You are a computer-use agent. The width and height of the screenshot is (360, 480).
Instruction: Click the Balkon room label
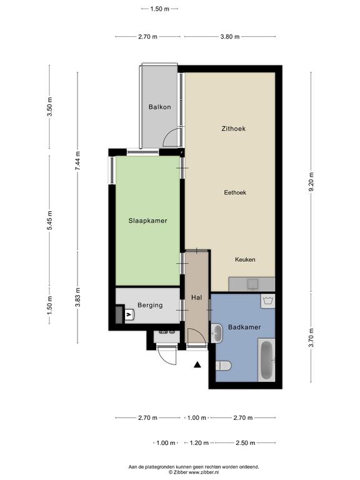coord(159,107)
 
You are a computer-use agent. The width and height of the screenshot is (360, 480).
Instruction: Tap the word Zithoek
coord(233,129)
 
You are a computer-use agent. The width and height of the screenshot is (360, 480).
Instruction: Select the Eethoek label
coord(235,192)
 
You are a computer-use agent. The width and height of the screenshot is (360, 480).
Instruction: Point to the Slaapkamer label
coord(147,221)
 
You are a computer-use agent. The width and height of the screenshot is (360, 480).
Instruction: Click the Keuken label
coord(245,259)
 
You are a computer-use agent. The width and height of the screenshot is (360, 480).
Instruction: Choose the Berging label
coord(150,305)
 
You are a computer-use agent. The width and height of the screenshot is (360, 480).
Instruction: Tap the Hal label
coord(196,297)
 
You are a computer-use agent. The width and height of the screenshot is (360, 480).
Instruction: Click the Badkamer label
coord(244,327)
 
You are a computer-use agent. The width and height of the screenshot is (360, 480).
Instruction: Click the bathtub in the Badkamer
coord(266,360)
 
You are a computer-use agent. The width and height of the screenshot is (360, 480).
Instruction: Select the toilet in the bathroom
coord(223,366)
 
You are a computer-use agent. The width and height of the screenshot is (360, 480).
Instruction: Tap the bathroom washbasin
coord(217,333)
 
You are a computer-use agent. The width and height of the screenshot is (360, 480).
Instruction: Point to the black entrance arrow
coord(197,364)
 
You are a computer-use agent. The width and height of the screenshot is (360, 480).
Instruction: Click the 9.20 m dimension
coord(311,182)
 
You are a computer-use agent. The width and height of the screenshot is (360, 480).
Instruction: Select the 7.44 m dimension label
coord(77,161)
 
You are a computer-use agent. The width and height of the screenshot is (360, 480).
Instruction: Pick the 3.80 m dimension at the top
coord(230,37)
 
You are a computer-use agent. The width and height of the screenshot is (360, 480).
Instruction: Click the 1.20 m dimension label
coord(199,443)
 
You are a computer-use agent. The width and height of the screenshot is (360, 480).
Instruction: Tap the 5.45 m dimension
coord(49,220)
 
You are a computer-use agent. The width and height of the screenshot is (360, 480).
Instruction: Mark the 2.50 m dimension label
coord(245,443)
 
